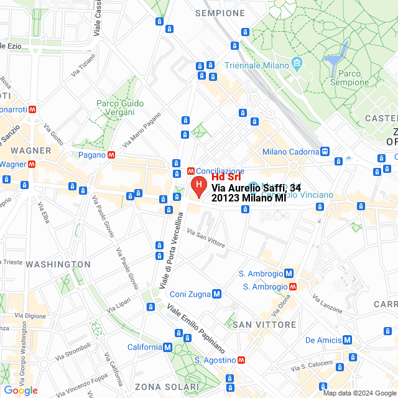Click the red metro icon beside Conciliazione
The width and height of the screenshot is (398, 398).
point(191,171)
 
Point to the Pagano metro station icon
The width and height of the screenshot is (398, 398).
point(111,155)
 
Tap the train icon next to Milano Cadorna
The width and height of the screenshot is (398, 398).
point(324,151)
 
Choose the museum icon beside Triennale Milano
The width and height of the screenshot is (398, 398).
point(297,65)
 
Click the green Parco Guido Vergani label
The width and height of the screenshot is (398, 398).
point(120,108)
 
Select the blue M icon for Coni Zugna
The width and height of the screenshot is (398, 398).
point(216,294)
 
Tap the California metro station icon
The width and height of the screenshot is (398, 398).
point(167,348)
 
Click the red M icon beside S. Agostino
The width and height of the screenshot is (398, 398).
point(241,360)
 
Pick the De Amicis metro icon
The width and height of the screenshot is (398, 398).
point(348,340)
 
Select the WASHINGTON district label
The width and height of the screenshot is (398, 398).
point(58,264)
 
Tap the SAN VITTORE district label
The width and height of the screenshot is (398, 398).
point(264,325)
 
